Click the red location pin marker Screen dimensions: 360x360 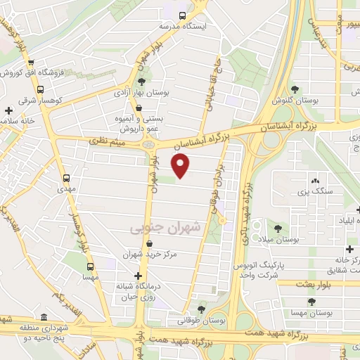[x=181, y=166]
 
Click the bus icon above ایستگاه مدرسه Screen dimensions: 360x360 [x=183, y=15]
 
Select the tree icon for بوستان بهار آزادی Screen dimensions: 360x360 [x=141, y=82]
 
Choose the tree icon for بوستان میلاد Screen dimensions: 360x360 [x=279, y=228]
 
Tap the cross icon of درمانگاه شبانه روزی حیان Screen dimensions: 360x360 [x=139, y=276]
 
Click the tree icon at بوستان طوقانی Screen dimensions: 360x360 [x=202, y=309]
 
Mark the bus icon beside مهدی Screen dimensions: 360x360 [x=67, y=178]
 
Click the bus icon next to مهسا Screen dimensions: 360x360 [x=90, y=266]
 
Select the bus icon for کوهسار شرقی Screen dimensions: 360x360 [x=39, y=89]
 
